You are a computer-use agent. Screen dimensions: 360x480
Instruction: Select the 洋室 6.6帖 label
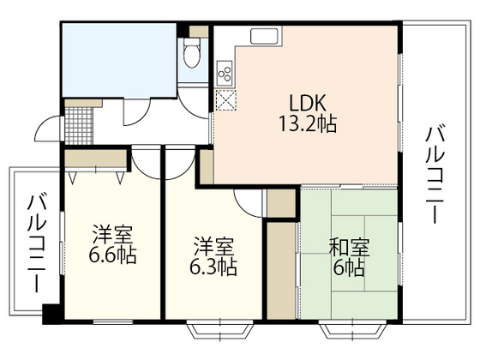coord(112,243)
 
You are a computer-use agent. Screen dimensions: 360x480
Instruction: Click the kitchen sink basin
coord(263,38)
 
